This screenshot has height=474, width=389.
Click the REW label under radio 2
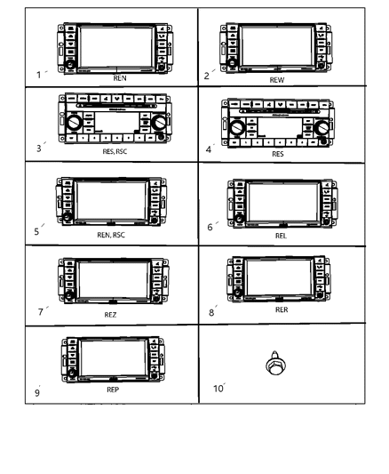tap(276, 79)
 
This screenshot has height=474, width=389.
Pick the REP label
tap(112, 389)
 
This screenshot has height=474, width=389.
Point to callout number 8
tap(210, 310)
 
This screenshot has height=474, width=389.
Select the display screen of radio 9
tap(113, 357)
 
